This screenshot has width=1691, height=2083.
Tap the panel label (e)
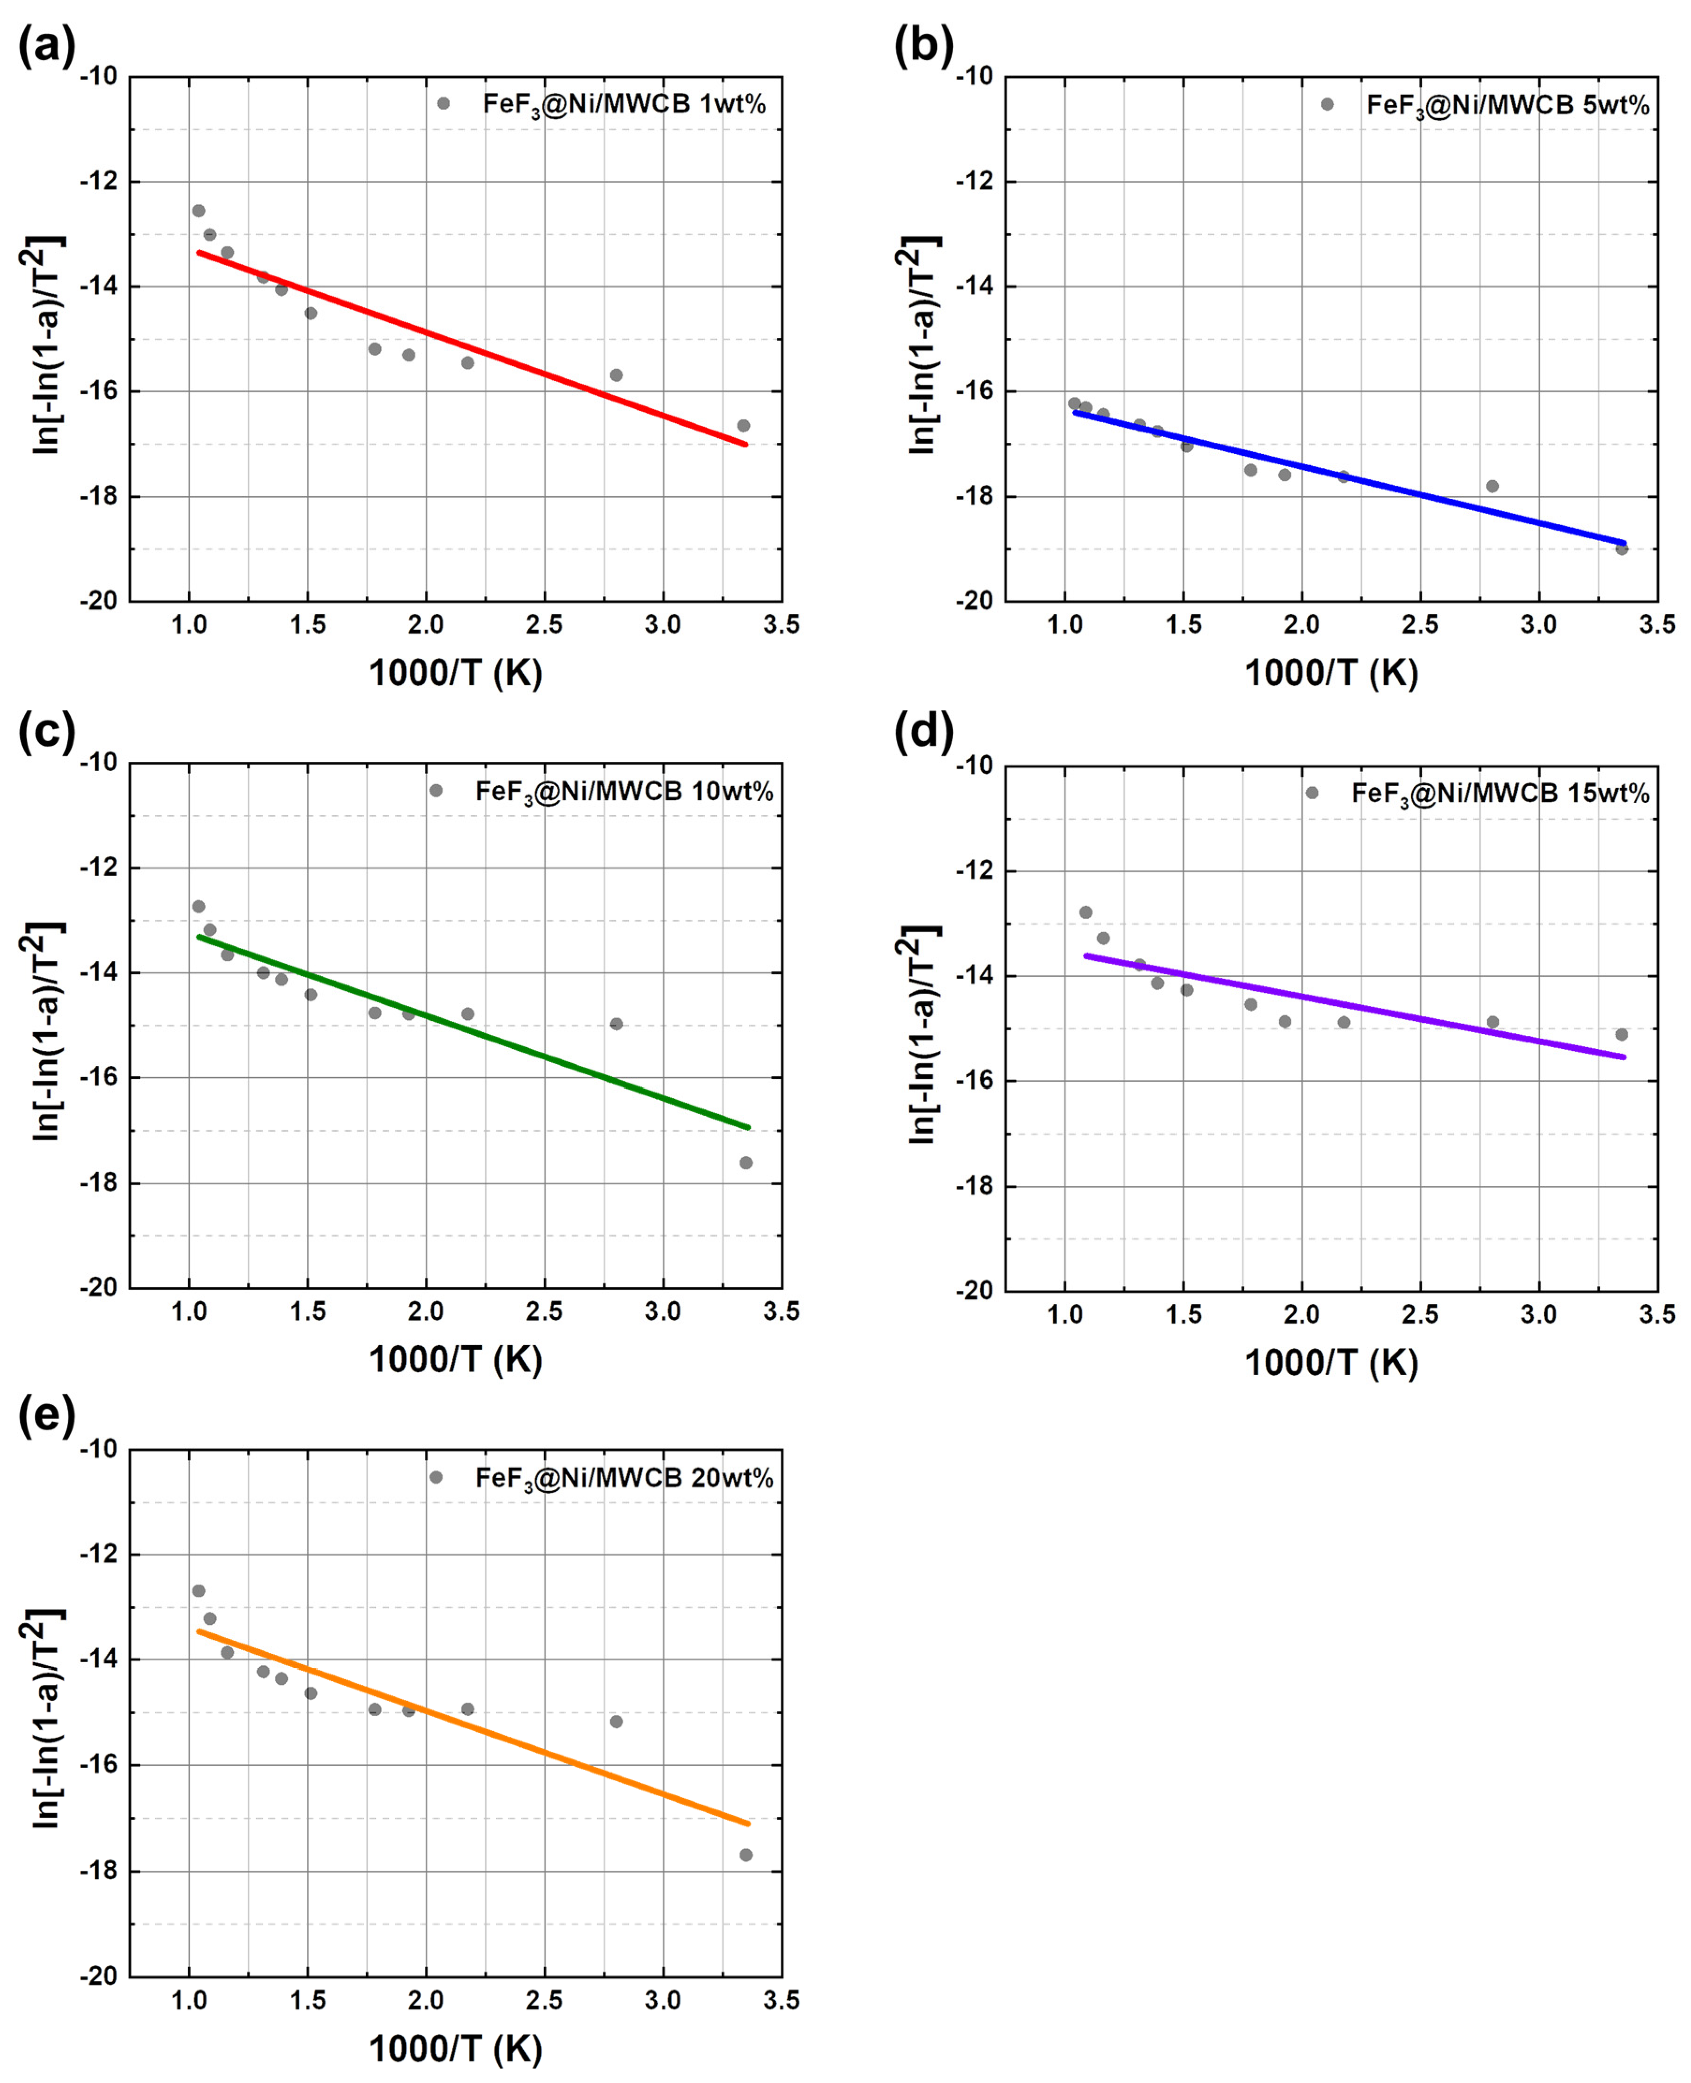point(46,1418)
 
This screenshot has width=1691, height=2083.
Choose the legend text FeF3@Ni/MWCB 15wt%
point(1500,794)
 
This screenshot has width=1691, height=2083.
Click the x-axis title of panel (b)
point(1330,672)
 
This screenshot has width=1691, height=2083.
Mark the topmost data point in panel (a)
point(199,210)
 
